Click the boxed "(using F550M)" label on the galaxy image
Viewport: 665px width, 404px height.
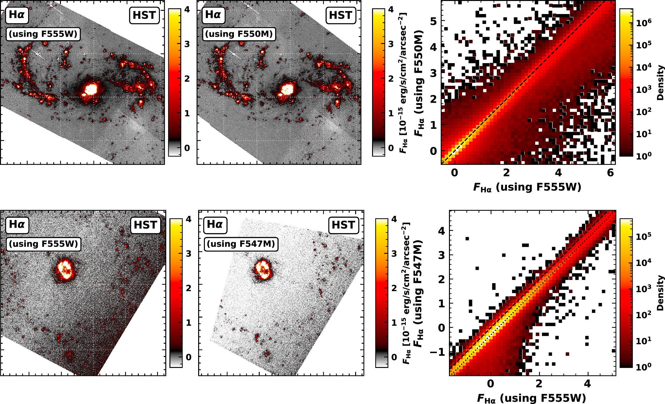click(239, 34)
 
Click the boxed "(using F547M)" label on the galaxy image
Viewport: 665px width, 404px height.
click(241, 244)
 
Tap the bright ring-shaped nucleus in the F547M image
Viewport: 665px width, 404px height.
click(263, 269)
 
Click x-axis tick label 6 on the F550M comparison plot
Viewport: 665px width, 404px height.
click(610, 173)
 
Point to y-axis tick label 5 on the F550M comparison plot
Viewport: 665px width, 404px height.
click(433, 21)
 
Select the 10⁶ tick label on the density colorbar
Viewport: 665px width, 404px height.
click(644, 22)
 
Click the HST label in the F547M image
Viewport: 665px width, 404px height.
click(343, 225)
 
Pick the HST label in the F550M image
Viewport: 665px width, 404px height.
click(340, 15)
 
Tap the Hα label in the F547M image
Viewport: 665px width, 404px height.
click(215, 224)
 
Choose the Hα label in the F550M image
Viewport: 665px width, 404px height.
click(213, 15)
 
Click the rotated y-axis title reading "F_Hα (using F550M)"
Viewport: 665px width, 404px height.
click(419, 83)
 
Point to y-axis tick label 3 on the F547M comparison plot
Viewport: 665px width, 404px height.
click(441, 255)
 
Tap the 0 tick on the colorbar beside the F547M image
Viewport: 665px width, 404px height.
click(394, 357)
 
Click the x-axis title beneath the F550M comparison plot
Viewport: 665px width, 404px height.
click(527, 187)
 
